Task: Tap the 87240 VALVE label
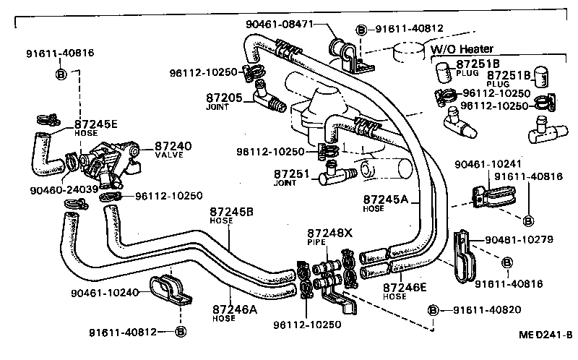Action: pyautogui.click(x=173, y=150)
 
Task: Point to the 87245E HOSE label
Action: pyautogui.click(x=96, y=127)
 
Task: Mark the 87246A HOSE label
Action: pyautogui.click(x=234, y=312)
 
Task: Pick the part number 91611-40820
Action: pyautogui.click(x=491, y=310)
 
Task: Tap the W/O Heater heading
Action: pyautogui.click(x=462, y=49)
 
